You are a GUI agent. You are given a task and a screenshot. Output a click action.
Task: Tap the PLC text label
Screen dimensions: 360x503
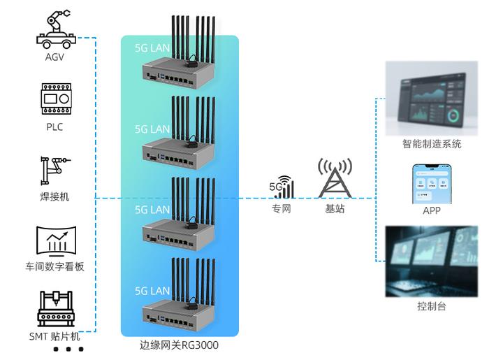coord(54,127)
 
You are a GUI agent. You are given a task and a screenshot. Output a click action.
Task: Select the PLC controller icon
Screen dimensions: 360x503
coord(54,99)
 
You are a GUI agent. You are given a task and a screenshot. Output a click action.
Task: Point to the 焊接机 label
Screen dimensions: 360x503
coord(54,197)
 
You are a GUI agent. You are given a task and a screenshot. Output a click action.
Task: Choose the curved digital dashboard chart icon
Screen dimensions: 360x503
coord(55,240)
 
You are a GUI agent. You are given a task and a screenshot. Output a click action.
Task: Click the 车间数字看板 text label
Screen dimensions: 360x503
coord(54,266)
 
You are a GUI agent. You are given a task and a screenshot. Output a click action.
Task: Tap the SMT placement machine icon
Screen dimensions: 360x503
coord(54,309)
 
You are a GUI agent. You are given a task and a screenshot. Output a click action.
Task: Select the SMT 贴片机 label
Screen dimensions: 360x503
coord(54,336)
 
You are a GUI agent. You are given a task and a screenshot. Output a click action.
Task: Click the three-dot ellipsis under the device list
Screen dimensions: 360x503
coord(71,349)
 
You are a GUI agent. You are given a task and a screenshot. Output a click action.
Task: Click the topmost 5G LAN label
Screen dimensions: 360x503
coord(152,49)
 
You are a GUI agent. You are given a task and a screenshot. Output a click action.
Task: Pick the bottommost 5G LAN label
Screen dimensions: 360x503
coord(152,290)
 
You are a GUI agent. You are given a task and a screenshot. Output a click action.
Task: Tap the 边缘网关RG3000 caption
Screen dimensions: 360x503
coord(180,345)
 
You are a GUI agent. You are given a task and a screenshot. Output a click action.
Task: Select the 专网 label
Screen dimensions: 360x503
coord(281,209)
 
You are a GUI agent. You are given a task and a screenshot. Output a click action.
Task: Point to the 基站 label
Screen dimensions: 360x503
coord(334,209)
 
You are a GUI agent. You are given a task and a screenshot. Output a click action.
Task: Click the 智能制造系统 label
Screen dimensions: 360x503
coord(431,145)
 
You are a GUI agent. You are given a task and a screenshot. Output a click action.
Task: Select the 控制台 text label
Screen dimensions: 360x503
coord(431,306)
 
